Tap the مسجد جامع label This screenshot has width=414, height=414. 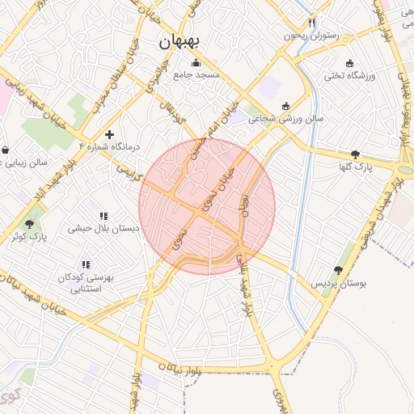pos(196,75)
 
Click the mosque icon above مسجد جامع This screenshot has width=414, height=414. pos(195,63)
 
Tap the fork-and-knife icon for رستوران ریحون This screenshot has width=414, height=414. pos(312,23)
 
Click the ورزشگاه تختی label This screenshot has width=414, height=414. pos(350,76)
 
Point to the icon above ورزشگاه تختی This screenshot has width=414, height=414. pos(349,63)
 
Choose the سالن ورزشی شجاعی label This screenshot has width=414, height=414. pos(286,119)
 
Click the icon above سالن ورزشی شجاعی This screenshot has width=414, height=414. pos(286,106)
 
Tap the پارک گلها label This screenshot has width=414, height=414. pos(356,167)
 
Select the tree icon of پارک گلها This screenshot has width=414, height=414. pos(356,154)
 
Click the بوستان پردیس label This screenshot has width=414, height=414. pos(339,285)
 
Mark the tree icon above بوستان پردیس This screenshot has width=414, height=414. pos(339,271)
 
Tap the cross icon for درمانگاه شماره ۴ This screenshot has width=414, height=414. pos(110,133)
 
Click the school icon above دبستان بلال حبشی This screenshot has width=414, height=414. pos(103,216)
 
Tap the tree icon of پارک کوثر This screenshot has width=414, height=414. pos(30,224)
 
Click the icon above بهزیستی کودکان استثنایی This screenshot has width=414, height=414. pos(86,264)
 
